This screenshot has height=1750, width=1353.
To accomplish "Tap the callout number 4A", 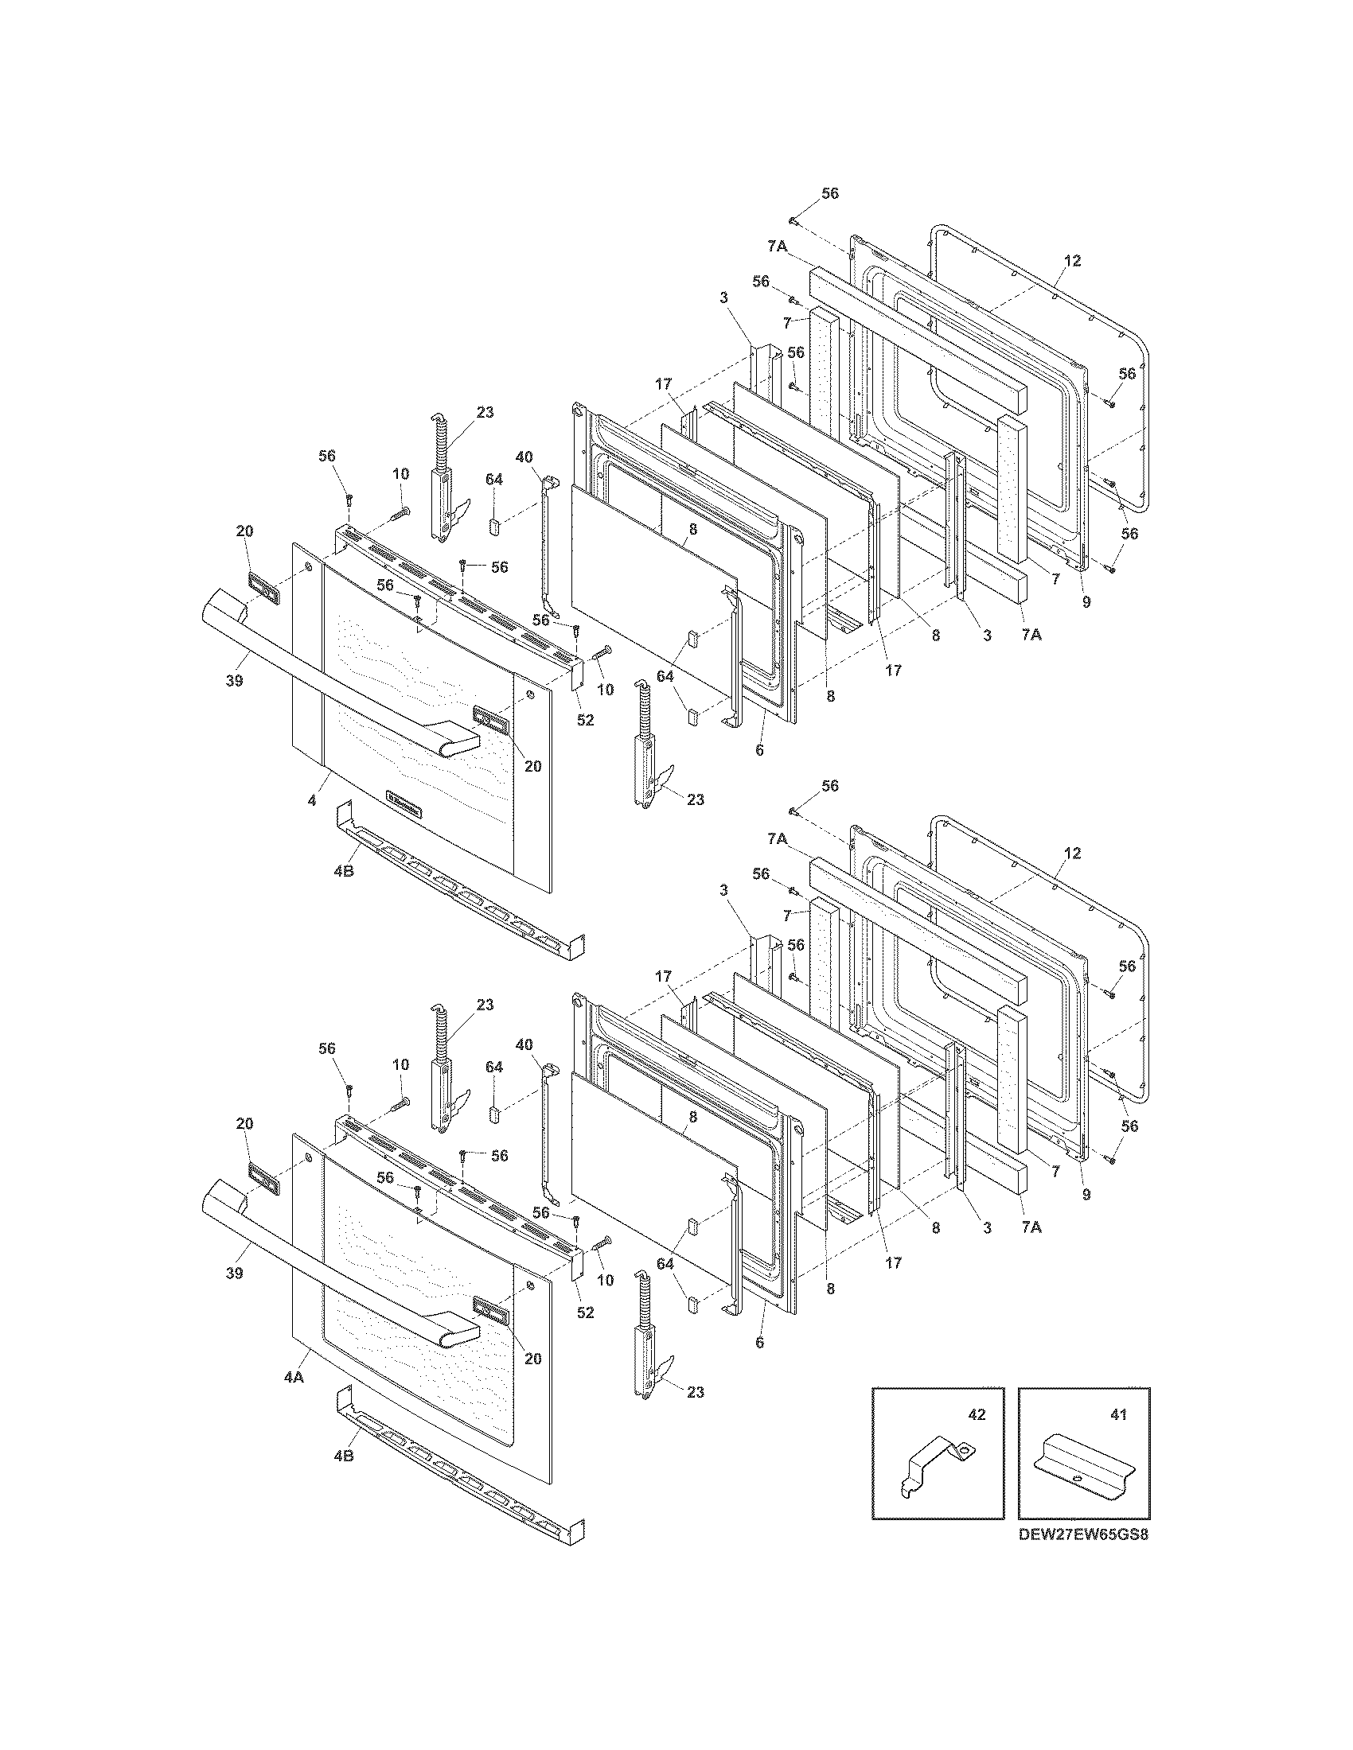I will [x=294, y=1376].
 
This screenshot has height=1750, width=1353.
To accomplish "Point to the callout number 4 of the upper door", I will [x=312, y=800].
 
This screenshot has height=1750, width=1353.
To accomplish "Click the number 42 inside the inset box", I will [x=976, y=1414].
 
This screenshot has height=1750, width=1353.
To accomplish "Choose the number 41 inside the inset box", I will [x=1118, y=1414].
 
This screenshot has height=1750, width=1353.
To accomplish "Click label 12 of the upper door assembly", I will [x=1073, y=260].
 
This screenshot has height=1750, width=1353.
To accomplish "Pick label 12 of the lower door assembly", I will [x=1073, y=854].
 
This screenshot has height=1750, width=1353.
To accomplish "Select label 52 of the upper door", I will [x=586, y=720].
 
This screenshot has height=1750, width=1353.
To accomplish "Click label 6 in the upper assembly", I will [x=759, y=750].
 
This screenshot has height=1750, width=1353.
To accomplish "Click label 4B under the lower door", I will [x=343, y=1456].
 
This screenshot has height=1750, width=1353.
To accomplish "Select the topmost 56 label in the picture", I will [x=829, y=193].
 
